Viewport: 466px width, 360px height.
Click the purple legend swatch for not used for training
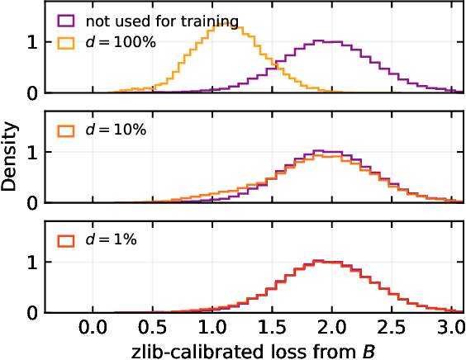coord(65,19)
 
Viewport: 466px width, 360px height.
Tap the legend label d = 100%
coord(116,45)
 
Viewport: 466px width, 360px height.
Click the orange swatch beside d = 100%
coord(65,45)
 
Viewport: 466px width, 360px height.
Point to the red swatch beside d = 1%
coord(65,239)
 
